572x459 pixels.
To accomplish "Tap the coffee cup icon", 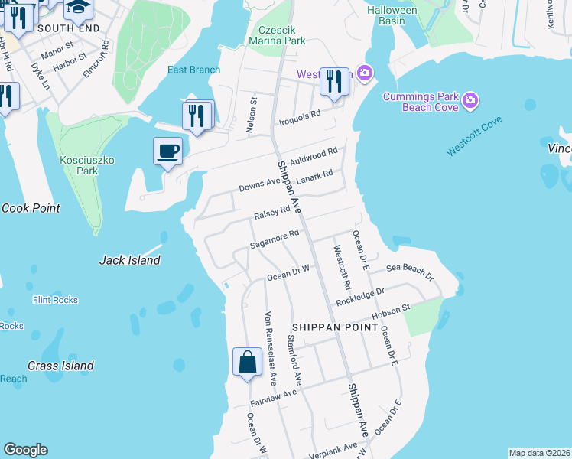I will [167, 150].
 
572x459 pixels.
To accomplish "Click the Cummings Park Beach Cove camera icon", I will [470, 99].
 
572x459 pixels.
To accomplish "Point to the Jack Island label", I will [130, 260].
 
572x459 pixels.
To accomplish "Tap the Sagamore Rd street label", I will [273, 239].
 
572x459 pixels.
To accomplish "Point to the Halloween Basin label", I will [392, 15].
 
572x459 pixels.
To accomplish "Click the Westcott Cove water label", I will [474, 136].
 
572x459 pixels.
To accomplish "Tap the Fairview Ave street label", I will [273, 398].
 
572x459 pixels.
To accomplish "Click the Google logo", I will [26, 450].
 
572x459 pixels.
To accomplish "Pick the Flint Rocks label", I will [55, 300].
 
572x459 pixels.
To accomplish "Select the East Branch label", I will [194, 70].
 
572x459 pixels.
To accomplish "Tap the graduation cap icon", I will [78, 8].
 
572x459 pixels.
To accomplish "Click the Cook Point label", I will [31, 208].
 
